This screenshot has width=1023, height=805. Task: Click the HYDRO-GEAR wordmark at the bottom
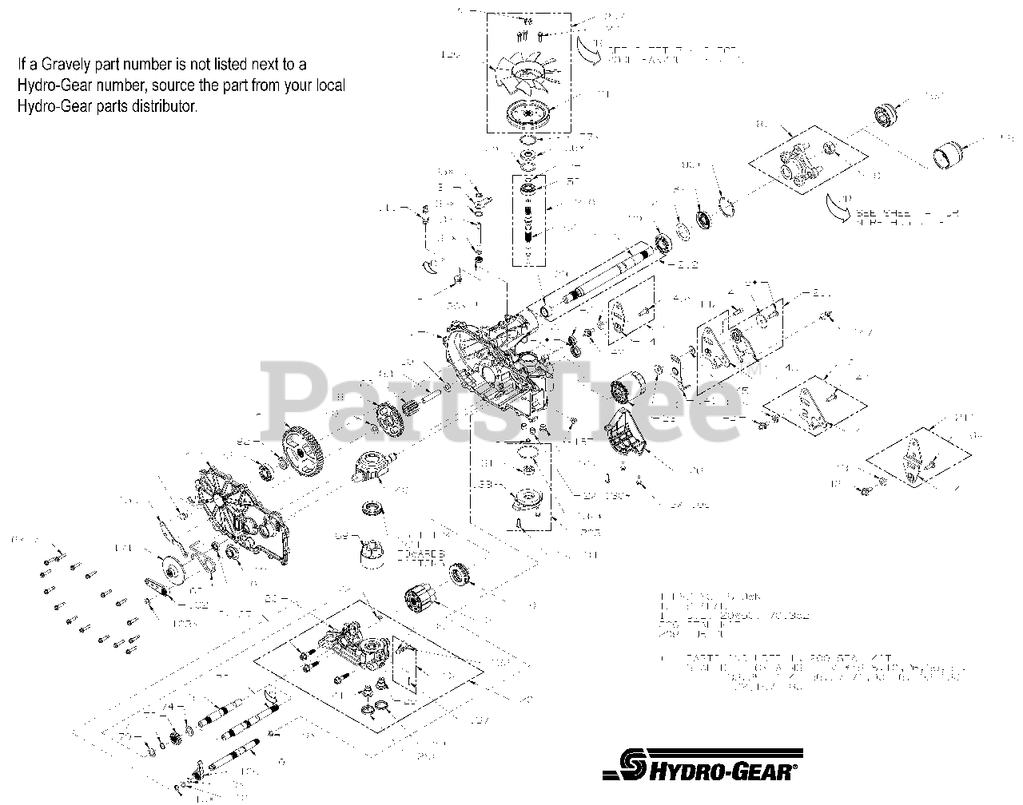click(726, 771)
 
